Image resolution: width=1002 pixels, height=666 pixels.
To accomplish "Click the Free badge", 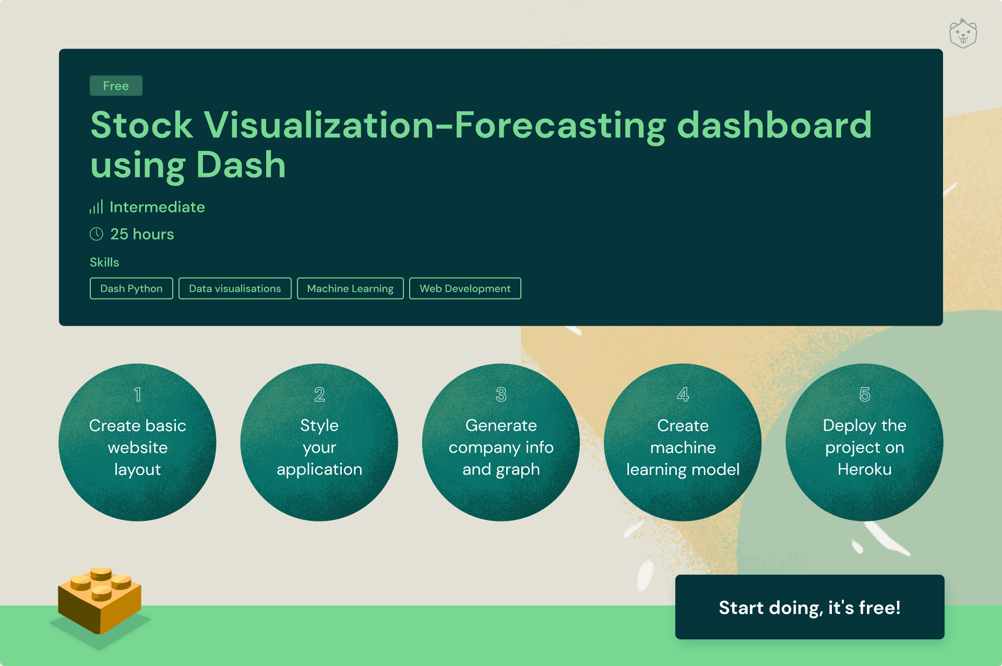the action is (x=116, y=86).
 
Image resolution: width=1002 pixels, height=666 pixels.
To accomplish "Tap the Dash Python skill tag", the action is (x=131, y=288).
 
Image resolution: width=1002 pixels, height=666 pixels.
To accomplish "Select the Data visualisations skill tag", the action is (x=235, y=288).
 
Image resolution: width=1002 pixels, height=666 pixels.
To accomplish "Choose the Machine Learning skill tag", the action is (x=350, y=288).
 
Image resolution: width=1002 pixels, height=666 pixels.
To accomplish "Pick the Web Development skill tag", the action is (x=465, y=288).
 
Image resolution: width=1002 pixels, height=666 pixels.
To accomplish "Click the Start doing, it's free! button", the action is (x=809, y=607).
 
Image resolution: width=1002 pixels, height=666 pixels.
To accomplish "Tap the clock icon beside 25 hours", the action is (x=97, y=234).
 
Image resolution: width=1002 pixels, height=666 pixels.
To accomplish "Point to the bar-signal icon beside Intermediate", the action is (x=96, y=207).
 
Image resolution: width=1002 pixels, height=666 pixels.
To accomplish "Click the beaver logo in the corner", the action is (x=963, y=33).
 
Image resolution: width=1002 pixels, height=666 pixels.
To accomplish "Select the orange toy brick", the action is (x=100, y=600).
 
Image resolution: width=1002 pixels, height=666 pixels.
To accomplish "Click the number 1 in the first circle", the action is (x=138, y=395).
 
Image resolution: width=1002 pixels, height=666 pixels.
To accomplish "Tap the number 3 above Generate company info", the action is (x=501, y=395).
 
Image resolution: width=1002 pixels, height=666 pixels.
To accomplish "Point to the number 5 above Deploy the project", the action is (x=865, y=395).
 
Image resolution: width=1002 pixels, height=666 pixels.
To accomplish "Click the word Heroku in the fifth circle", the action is (x=865, y=469).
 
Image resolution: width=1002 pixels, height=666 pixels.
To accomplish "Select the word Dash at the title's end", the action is (x=241, y=165).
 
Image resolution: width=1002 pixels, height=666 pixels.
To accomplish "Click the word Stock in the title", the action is (x=141, y=125).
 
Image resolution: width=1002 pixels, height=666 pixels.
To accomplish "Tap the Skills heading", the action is (x=104, y=262).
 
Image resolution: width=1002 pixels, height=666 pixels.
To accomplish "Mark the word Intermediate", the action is (x=157, y=207).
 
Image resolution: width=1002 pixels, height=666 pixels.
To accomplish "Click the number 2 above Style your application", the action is (x=319, y=395).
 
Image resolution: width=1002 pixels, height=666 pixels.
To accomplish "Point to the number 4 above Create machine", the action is (x=683, y=395).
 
